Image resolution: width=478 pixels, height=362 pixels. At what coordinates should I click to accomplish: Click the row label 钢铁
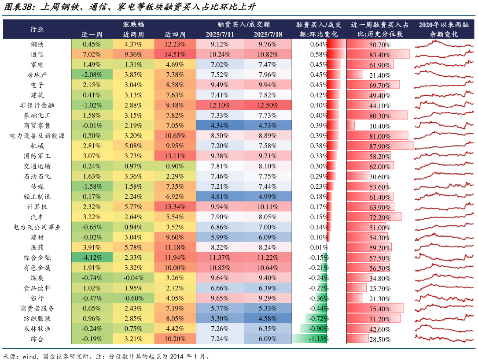(37, 45)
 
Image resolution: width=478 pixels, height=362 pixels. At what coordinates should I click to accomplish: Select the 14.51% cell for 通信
(175, 55)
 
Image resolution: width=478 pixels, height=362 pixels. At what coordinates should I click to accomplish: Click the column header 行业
(37, 29)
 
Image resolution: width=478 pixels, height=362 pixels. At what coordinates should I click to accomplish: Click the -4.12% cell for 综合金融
(92, 258)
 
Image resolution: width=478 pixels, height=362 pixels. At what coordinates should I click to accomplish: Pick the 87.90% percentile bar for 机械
(380, 146)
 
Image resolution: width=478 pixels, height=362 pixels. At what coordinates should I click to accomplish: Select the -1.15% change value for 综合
(318, 339)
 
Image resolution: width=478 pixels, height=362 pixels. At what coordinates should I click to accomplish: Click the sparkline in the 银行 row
(444, 299)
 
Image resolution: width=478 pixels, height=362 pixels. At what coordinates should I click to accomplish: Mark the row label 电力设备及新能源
(37, 136)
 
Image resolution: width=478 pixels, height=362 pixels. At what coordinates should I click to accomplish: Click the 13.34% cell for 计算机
(175, 207)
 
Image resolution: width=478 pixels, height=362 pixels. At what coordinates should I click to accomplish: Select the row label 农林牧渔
(37, 329)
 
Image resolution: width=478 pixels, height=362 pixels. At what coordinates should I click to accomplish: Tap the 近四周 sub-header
(175, 34)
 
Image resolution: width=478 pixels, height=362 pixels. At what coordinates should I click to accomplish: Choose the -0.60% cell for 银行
(133, 299)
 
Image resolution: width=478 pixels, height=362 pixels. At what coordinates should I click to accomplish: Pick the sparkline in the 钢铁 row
(444, 45)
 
